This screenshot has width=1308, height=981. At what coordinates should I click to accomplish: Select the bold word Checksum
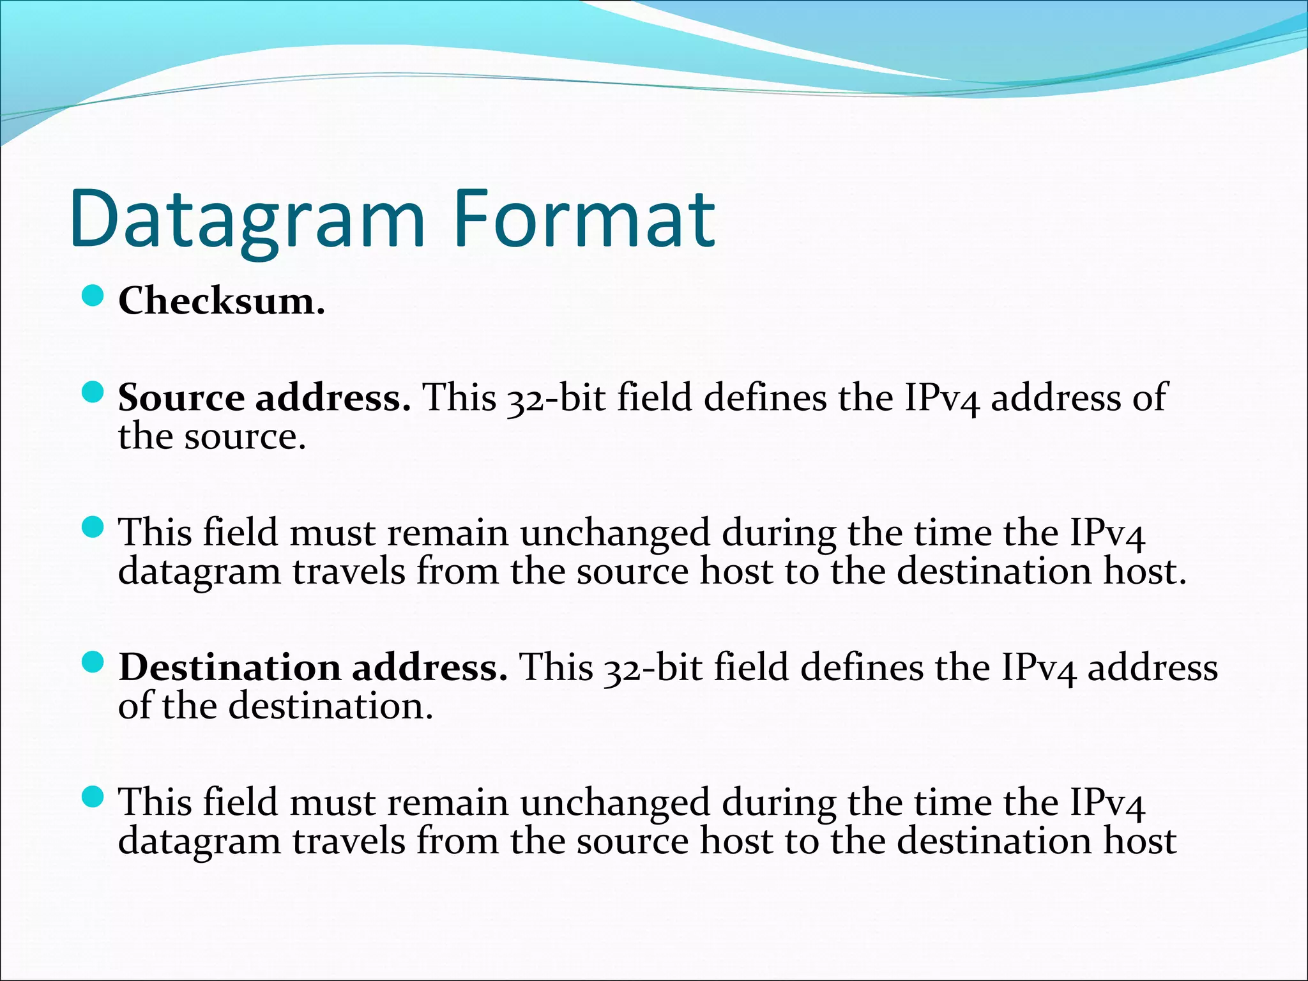tap(221, 300)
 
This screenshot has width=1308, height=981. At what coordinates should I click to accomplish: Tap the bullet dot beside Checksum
tap(93, 296)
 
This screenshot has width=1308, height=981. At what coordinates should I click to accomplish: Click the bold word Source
tap(181, 397)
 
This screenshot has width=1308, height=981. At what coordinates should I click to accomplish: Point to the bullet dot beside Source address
tap(93, 393)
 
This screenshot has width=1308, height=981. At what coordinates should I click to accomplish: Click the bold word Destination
tap(230, 667)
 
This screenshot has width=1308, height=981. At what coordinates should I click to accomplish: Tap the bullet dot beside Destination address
tap(93, 662)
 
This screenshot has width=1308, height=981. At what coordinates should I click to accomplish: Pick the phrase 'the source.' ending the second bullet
tap(212, 437)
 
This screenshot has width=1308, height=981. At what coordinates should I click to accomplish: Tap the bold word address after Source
tap(332, 397)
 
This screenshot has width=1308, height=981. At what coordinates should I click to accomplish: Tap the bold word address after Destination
tap(429, 667)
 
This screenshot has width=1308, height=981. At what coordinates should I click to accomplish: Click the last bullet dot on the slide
tap(93, 797)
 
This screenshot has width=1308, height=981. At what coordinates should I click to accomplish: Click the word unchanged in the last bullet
tap(615, 802)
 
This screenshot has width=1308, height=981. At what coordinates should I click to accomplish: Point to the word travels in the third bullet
tap(349, 572)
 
